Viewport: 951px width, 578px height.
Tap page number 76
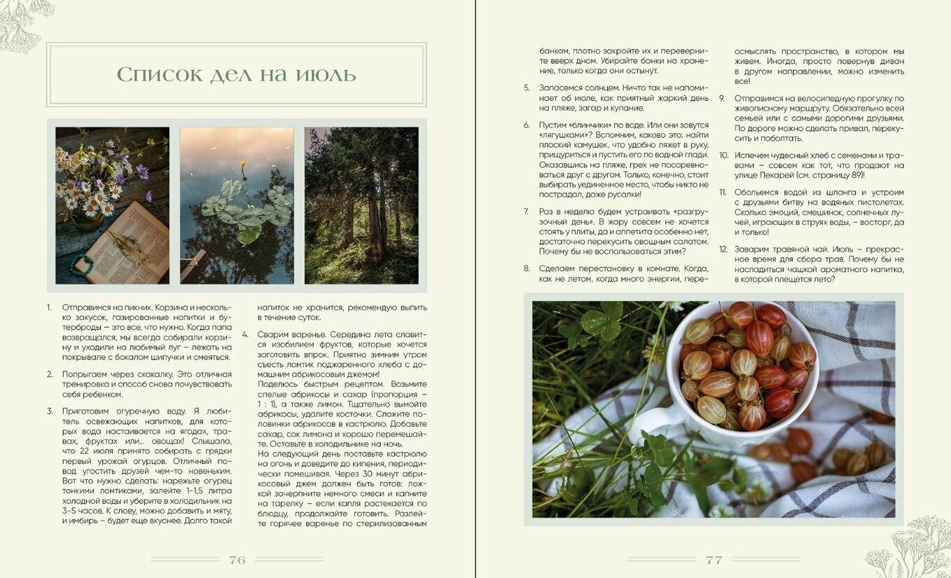237,560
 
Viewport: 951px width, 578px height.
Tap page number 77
714,560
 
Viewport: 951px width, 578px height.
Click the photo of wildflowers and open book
112,205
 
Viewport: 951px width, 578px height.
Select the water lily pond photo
237,205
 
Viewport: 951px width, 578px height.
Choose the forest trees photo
361,205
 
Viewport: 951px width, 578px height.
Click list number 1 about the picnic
49,308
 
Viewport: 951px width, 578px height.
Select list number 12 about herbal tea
723,249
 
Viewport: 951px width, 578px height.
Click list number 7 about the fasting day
526,212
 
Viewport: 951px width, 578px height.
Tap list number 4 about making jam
245,334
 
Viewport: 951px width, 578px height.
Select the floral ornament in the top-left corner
25,25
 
